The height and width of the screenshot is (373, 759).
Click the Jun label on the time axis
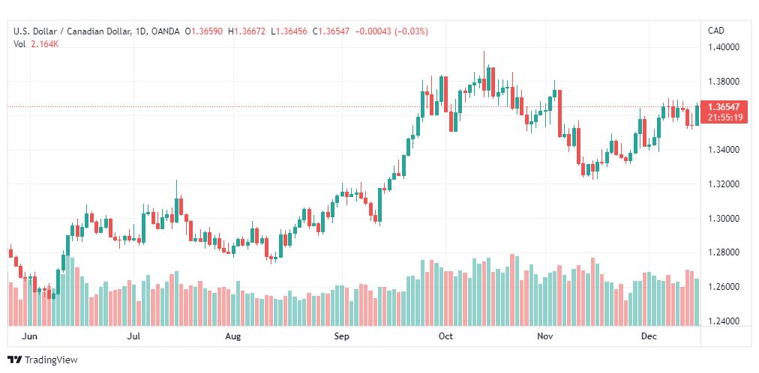click(x=29, y=336)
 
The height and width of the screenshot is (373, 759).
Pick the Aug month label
click(x=233, y=336)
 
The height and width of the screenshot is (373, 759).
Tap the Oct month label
click(x=445, y=336)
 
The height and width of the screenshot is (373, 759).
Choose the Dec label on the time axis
click(x=648, y=336)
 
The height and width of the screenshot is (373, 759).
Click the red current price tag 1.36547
click(x=723, y=107)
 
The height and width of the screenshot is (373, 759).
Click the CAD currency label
click(x=716, y=31)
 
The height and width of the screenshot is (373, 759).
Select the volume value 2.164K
click(x=45, y=44)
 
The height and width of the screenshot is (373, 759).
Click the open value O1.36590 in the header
click(x=204, y=31)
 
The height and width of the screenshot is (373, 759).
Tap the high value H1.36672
click(x=247, y=31)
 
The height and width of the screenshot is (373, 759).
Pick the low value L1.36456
click(x=289, y=31)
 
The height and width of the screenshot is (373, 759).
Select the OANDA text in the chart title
click(x=165, y=31)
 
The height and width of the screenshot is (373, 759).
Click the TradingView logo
click(x=43, y=360)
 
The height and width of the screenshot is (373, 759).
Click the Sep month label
click(x=342, y=336)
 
